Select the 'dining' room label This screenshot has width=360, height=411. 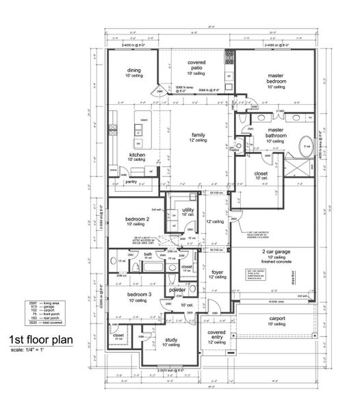click(133, 70)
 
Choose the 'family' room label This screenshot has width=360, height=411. click(198, 135)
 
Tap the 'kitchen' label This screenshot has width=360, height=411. click(138, 155)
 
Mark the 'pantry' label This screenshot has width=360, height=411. click(131, 182)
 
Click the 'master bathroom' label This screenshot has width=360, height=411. click(276, 133)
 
